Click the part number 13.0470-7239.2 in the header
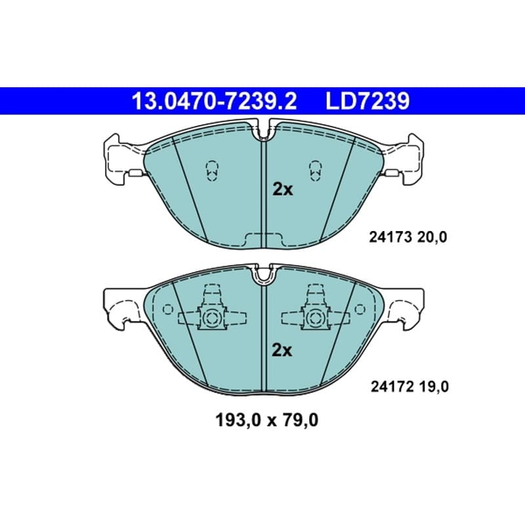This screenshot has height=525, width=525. [x=215, y=101]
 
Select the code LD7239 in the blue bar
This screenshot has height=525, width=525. [x=367, y=101]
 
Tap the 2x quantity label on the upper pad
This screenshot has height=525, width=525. [x=283, y=190]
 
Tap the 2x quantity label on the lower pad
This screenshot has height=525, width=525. [x=282, y=350]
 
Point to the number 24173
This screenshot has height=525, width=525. [x=390, y=238]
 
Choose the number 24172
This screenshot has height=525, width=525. [x=391, y=387]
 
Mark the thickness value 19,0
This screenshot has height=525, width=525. [x=434, y=387]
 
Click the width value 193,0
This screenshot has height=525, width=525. [x=238, y=420]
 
